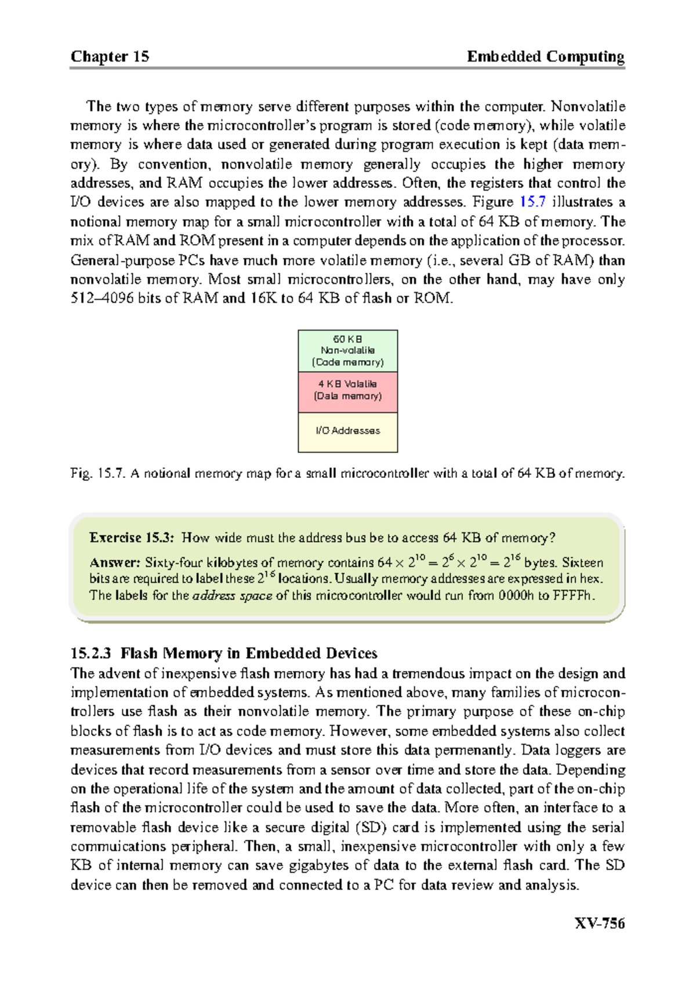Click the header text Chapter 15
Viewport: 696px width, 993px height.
(110, 56)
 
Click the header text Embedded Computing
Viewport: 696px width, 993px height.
(545, 56)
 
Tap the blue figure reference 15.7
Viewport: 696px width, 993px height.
(532, 202)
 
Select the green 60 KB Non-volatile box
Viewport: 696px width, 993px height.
(347, 350)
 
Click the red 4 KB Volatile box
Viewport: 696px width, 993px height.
(347, 390)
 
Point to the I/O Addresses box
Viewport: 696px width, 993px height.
(347, 431)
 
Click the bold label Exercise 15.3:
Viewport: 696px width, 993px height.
(131, 538)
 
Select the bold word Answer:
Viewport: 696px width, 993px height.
(114, 563)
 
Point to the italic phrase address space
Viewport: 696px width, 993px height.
(232, 596)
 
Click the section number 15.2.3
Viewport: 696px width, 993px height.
(90, 654)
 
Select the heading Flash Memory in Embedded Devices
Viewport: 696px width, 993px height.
(249, 654)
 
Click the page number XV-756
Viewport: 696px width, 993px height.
(599, 923)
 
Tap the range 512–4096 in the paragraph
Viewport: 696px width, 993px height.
(103, 299)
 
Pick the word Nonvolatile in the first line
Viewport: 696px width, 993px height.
(588, 106)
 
